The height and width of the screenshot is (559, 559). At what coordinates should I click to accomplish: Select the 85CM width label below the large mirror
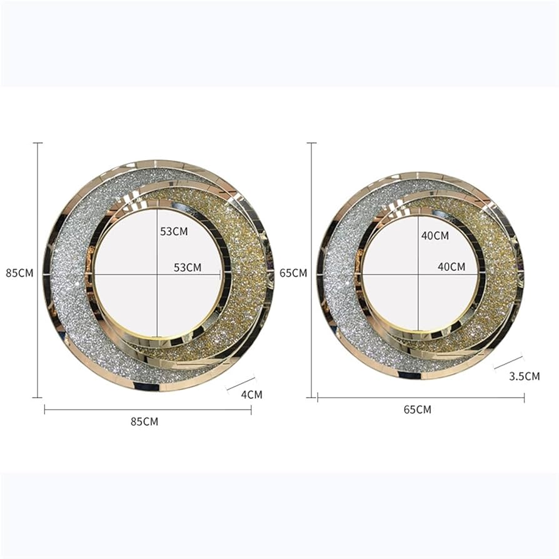[144, 421]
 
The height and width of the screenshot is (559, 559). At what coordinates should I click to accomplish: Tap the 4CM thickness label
[251, 395]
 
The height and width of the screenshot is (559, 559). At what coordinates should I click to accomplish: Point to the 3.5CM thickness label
[524, 376]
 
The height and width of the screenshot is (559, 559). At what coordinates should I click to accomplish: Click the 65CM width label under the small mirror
[417, 410]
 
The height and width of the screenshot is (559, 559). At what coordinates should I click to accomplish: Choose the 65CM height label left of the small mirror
[294, 273]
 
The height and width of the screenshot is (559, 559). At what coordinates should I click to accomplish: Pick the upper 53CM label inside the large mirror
[174, 231]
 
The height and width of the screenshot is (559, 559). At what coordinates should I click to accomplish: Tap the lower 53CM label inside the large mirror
[188, 267]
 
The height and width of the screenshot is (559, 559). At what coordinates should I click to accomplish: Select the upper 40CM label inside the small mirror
[435, 236]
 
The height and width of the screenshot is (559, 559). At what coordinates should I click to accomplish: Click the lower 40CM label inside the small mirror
[451, 266]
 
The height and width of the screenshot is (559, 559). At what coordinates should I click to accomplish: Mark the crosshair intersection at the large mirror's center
[158, 274]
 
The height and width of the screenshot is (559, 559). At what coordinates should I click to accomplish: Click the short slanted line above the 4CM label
[241, 383]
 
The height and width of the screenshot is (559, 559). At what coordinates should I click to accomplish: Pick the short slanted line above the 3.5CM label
[508, 362]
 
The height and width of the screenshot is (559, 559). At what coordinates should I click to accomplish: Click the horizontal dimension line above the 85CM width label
[148, 410]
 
